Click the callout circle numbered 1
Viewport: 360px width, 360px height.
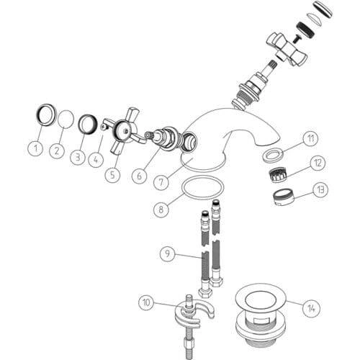(x=36, y=148)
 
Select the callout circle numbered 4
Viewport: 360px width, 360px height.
(x=96, y=159)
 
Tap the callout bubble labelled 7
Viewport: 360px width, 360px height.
(x=161, y=182)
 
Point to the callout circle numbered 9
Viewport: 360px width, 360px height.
(x=168, y=253)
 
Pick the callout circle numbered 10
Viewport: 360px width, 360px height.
(x=146, y=302)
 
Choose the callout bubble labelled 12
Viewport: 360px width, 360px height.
(x=318, y=163)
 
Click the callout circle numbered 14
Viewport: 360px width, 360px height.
(x=311, y=308)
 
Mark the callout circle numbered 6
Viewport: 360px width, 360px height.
(x=140, y=176)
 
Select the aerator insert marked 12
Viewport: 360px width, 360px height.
(x=279, y=175)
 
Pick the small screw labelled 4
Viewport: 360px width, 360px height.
(x=104, y=127)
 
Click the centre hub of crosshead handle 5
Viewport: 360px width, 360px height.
(x=125, y=131)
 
